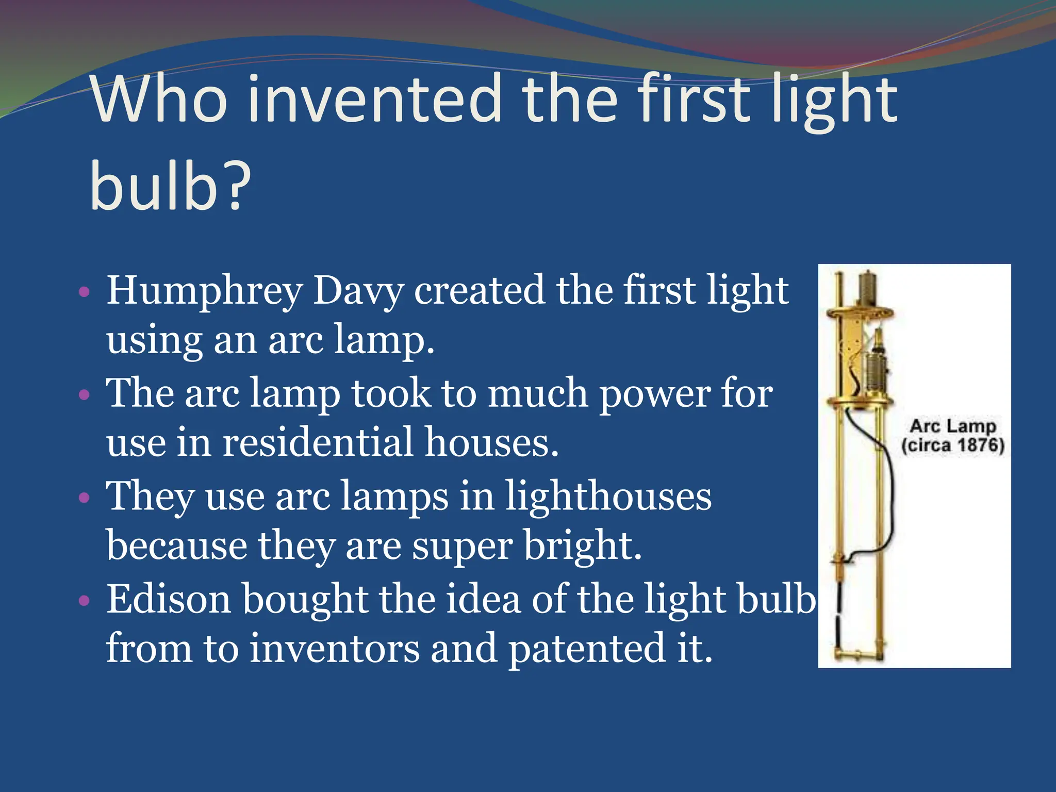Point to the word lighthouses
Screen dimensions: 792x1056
(x=608, y=496)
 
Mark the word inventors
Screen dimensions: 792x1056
(x=335, y=648)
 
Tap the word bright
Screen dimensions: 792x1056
(x=583, y=546)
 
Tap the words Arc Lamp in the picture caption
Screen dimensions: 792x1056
(x=952, y=426)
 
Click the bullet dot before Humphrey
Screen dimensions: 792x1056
(x=84, y=293)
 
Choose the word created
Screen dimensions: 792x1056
(x=480, y=290)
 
